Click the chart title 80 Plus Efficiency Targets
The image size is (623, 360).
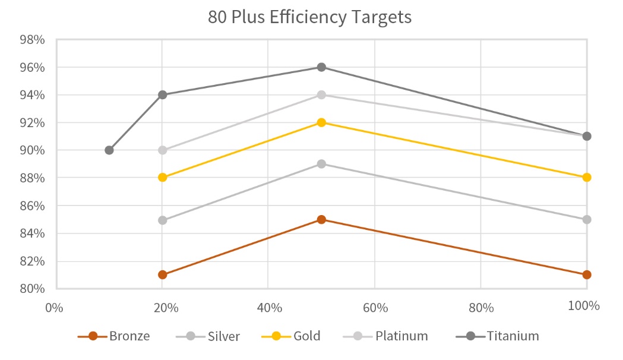click(309, 17)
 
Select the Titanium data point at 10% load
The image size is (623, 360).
click(109, 150)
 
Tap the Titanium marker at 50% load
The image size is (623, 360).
click(321, 67)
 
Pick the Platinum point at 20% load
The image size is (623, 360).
click(163, 150)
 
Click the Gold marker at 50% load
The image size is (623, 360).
click(321, 122)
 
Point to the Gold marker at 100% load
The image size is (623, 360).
click(587, 178)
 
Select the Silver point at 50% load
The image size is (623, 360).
click(321, 164)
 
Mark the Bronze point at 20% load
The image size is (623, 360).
click(163, 274)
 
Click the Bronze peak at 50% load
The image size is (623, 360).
click(321, 219)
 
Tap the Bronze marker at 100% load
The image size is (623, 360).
click(587, 274)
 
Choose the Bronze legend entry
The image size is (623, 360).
click(114, 336)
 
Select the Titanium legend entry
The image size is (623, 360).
click(497, 336)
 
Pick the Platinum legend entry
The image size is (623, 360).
click(386, 336)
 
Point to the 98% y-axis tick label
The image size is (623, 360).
click(33, 40)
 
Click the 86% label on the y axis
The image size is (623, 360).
click(33, 206)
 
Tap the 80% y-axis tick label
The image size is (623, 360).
click(33, 289)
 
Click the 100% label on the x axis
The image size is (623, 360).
click(583, 307)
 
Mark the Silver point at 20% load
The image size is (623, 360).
click(163, 220)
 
